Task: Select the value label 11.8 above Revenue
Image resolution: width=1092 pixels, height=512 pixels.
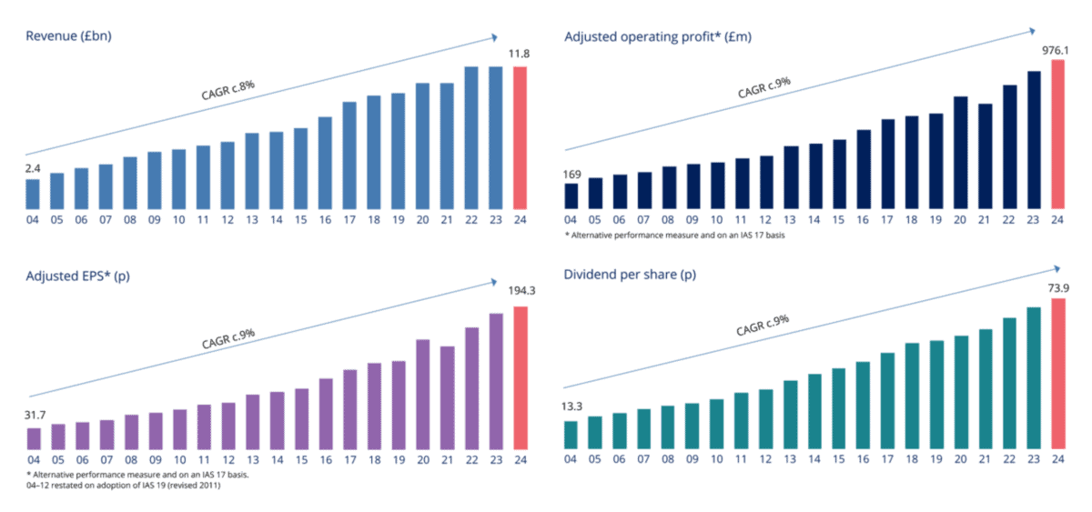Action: [520, 55]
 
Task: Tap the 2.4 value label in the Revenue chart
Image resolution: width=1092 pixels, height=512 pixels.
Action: [32, 168]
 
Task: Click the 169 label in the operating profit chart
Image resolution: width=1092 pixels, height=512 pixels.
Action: [571, 173]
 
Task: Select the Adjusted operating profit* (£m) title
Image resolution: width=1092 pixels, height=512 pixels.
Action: [658, 36]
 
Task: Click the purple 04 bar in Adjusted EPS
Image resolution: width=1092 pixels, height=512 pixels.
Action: [34, 438]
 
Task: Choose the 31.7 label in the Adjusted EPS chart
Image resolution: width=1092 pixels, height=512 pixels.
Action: [34, 417]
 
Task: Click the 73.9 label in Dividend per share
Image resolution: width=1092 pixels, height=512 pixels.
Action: [1057, 287]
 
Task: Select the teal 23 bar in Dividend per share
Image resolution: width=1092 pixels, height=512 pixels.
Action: [1033, 377]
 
